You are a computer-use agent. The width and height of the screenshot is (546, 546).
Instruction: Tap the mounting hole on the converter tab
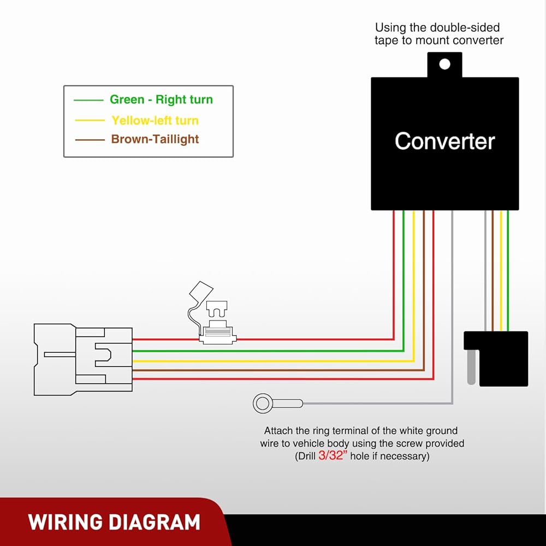(444, 64)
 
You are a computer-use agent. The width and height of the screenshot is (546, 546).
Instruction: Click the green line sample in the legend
(88, 100)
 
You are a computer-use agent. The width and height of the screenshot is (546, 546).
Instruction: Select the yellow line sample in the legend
(90, 121)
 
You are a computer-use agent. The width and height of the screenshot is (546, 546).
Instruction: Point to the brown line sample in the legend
(90, 140)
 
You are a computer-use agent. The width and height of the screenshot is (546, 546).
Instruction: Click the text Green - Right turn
(161, 99)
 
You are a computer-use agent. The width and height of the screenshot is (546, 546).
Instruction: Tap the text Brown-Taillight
(155, 139)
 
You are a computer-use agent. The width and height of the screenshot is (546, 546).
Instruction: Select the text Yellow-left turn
(155, 121)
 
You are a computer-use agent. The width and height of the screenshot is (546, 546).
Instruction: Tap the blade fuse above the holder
(217, 309)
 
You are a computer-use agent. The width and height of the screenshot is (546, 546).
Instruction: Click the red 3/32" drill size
(333, 456)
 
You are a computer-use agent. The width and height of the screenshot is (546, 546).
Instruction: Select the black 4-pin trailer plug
(496, 358)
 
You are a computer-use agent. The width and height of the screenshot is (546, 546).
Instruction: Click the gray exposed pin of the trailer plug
(471, 367)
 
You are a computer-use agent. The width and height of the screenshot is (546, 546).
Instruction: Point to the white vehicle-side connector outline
(83, 359)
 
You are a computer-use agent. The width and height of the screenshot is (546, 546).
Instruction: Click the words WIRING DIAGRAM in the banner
(114, 522)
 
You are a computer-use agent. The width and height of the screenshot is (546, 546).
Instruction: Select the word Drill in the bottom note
(305, 456)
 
